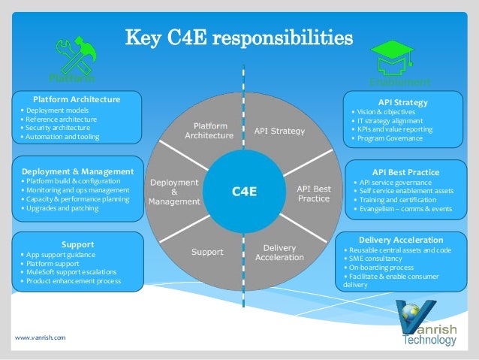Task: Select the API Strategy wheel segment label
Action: (279, 132)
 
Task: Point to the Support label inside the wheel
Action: (206, 252)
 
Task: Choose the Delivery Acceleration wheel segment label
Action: (279, 253)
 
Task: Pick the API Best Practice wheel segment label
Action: (313, 193)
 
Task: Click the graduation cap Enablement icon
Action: (396, 59)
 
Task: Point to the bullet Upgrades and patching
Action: (60, 207)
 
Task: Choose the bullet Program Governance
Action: (390, 138)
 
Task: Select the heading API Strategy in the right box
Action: (402, 102)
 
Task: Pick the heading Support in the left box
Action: (77, 245)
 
